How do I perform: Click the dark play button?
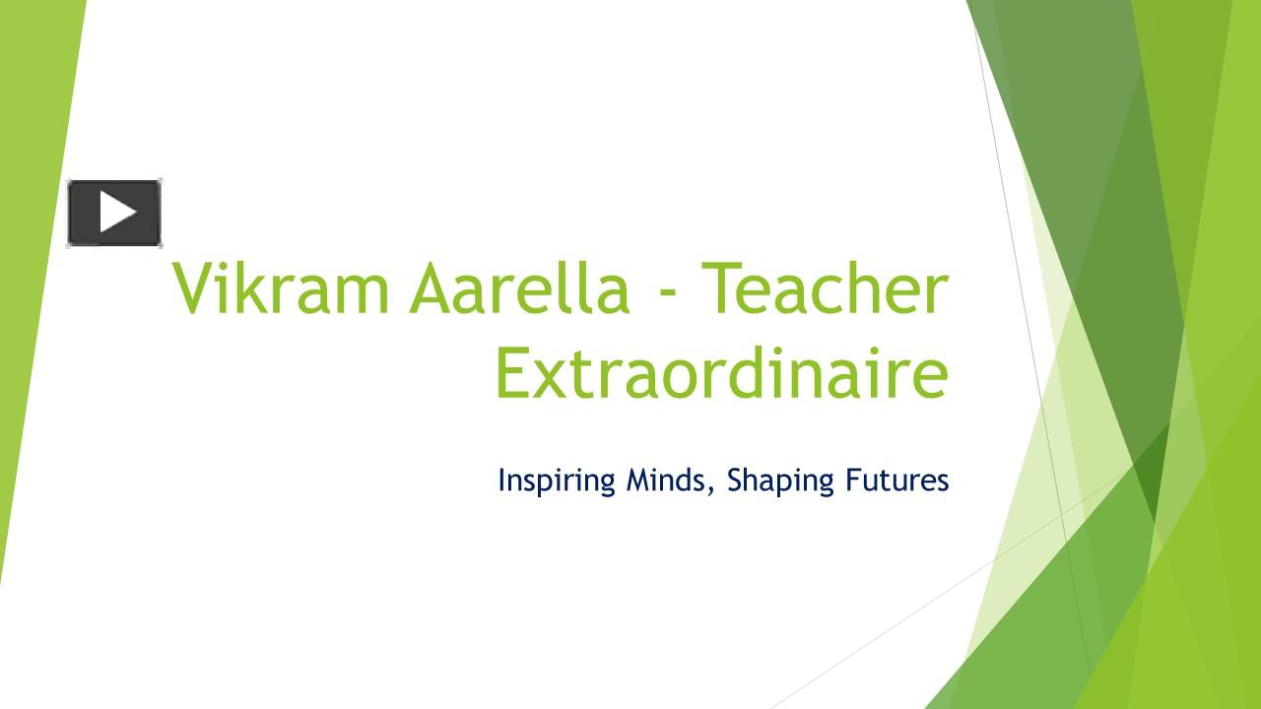(x=114, y=213)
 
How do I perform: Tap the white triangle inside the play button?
(x=117, y=213)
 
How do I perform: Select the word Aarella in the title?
(x=519, y=289)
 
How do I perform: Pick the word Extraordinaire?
(x=721, y=374)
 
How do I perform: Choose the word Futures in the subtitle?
(x=896, y=480)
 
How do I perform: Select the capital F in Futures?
(x=853, y=480)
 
